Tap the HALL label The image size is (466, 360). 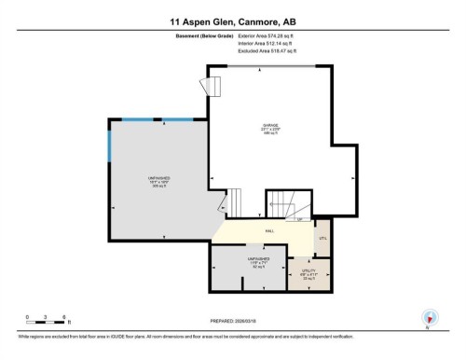(x=269, y=230)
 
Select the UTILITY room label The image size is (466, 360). (x=307, y=271)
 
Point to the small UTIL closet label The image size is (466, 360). (x=323, y=239)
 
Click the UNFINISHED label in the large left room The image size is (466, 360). (x=158, y=176)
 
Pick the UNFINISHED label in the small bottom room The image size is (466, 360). (x=258, y=259)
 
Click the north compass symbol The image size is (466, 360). (x=429, y=317)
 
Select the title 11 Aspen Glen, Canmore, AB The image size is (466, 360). (x=232, y=21)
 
